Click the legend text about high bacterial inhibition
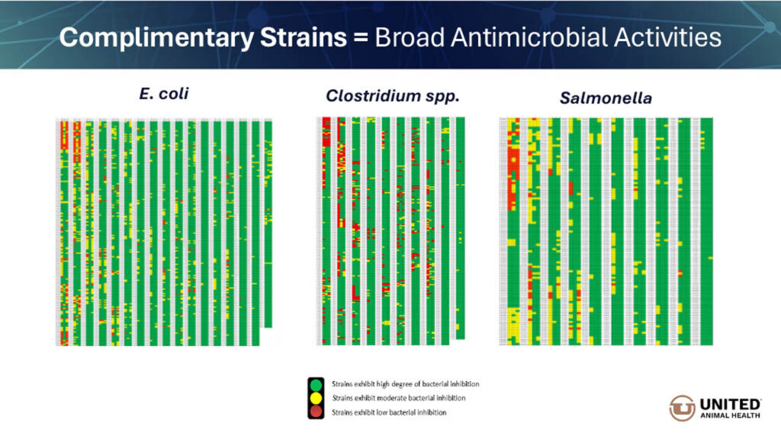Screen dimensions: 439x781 [x=405, y=383]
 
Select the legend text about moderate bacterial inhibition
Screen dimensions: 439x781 [x=399, y=398]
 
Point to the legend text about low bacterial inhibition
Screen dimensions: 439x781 [x=389, y=412]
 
